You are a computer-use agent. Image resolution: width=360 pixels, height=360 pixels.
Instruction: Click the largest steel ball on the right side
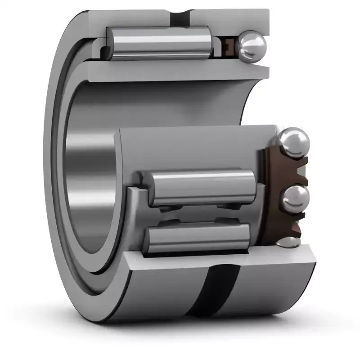point(293,143)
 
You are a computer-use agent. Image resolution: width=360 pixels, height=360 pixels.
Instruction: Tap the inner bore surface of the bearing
point(90,180)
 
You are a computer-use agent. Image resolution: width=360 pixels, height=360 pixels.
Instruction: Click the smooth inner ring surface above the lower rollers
point(189,148)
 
